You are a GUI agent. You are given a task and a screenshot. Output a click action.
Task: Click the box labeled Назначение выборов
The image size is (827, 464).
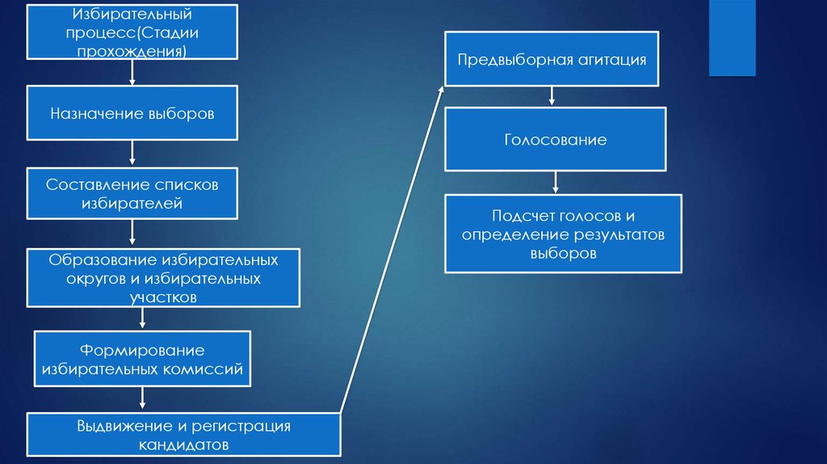tap(132, 113)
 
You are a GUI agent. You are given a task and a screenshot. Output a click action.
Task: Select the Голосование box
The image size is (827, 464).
tap(556, 139)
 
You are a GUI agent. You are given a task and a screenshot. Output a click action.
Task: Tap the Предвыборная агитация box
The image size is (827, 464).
tap(552, 59)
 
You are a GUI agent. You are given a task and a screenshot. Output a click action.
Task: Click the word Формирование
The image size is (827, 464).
tap(142, 350)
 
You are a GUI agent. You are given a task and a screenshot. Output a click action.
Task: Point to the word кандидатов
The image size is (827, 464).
tap(183, 445)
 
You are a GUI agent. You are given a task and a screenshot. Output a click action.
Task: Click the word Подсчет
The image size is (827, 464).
tap(523, 216)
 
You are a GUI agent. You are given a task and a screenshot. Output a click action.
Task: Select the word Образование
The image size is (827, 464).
tap(103, 260)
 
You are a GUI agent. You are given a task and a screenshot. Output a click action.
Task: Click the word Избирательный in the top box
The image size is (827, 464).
tap(132, 15)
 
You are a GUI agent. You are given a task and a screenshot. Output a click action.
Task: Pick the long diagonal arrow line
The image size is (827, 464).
tap(392, 249)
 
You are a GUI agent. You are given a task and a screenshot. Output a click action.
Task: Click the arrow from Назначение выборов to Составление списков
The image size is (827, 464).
tap(132, 153)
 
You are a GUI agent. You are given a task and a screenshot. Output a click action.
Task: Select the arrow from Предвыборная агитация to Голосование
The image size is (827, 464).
tap(552, 96)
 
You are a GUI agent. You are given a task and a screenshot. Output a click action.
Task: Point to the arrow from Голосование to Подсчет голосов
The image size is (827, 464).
tap(556, 182)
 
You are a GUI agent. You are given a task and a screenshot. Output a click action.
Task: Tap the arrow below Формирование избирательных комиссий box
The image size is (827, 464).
tap(142, 398)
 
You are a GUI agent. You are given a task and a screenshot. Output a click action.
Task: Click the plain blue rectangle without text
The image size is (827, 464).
tap(732, 38)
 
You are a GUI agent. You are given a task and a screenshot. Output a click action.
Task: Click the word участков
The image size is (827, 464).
tap(163, 297)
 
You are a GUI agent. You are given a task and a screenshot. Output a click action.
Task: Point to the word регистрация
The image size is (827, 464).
tap(241, 427)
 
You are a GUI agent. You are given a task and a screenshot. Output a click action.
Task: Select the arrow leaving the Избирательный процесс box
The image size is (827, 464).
tap(132, 72)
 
